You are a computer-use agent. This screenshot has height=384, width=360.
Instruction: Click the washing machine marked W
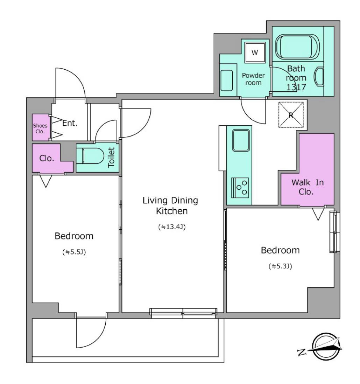click(x=255, y=53)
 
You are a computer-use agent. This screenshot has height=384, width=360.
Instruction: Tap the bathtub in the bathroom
click(x=297, y=47)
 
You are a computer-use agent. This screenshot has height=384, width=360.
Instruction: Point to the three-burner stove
click(x=240, y=188)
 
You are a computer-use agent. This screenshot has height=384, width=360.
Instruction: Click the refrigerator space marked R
click(x=291, y=115)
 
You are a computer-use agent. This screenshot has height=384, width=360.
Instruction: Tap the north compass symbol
click(x=321, y=346)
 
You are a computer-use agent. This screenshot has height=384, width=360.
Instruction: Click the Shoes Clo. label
click(x=40, y=128)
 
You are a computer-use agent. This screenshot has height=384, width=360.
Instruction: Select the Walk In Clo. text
click(x=308, y=187)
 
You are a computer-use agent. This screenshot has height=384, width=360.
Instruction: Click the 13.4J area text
click(x=172, y=227)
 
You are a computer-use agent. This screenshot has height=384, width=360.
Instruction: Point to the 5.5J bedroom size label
click(x=74, y=252)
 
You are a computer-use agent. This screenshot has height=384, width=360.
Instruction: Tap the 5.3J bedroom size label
click(x=281, y=266)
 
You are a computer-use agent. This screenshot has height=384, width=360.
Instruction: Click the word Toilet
click(x=111, y=157)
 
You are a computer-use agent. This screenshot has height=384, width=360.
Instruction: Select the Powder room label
click(x=253, y=79)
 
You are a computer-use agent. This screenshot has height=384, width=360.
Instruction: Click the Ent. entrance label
click(x=70, y=123)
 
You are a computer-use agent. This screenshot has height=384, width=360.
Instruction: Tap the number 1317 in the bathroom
click(x=296, y=87)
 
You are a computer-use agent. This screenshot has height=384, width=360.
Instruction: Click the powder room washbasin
click(x=227, y=80)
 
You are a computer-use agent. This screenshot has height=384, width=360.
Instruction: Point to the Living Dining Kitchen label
click(x=171, y=205)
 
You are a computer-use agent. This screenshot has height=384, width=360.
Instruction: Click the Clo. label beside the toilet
click(x=47, y=158)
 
